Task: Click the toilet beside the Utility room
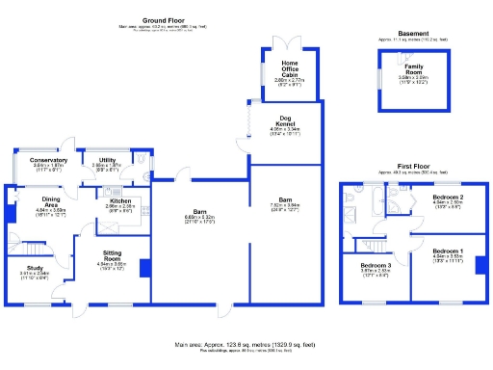click(142, 162)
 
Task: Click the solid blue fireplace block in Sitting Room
click(143, 267)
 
